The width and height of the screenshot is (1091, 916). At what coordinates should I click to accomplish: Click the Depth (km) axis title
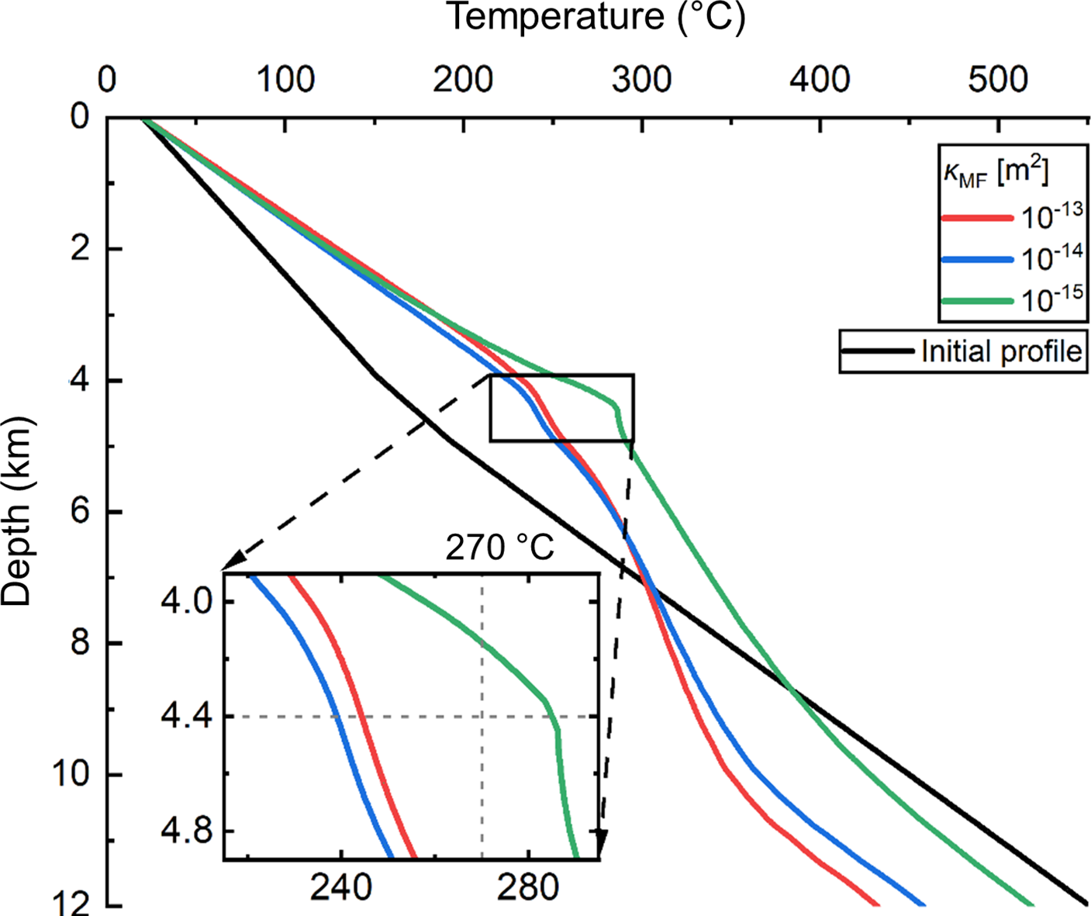point(17,512)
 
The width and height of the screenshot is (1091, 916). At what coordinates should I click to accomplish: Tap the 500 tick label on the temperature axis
point(998,80)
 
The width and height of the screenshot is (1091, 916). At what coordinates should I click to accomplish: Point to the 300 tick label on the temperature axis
point(641,80)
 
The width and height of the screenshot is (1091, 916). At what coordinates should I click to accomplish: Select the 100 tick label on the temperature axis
point(285,80)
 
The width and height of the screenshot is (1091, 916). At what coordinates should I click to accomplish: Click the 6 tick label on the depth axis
point(80,512)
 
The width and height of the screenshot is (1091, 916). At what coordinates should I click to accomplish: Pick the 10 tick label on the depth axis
point(71,775)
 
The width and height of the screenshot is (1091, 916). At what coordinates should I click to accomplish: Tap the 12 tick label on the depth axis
point(71,904)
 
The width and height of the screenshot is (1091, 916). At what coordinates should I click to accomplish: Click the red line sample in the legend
point(976,219)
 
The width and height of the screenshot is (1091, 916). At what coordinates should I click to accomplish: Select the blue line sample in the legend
point(976,260)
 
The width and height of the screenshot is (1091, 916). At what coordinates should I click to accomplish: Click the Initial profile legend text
point(1001,351)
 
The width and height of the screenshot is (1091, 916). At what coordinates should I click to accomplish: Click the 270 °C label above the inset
point(499,548)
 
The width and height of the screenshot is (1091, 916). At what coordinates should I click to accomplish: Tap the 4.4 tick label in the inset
point(187,716)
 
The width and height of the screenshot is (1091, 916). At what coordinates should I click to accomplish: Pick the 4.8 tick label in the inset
point(187,831)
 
